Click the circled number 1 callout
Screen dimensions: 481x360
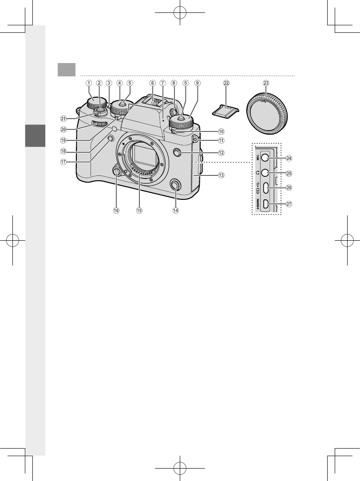89,83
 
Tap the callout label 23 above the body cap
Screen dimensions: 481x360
266,83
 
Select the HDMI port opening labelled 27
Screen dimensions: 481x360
265,204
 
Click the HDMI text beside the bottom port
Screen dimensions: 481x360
257,204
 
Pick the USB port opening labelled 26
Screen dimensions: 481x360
265,188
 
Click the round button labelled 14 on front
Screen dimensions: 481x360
176,190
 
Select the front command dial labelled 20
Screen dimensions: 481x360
100,123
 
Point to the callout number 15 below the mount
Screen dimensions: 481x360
139,211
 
